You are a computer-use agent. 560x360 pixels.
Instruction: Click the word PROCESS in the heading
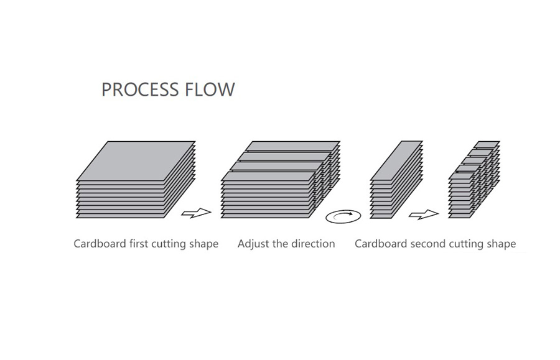(x=140, y=89)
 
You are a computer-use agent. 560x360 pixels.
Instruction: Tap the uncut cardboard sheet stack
(x=136, y=180)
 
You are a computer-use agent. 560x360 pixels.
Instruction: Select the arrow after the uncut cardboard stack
(x=196, y=213)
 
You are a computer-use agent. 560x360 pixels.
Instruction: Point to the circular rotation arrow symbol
(x=343, y=216)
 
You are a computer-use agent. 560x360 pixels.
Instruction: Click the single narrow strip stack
(x=396, y=180)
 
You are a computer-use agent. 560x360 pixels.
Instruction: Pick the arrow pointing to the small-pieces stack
(x=424, y=215)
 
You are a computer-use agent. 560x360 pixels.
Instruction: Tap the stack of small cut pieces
(x=474, y=180)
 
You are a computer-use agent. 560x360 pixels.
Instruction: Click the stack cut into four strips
(x=281, y=180)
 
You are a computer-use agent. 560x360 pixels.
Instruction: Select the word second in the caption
(x=428, y=244)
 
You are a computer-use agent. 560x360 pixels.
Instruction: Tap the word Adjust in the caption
(x=253, y=244)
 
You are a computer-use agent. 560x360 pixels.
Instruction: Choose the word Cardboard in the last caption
(x=381, y=244)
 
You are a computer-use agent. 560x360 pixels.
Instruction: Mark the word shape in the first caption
(x=205, y=244)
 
